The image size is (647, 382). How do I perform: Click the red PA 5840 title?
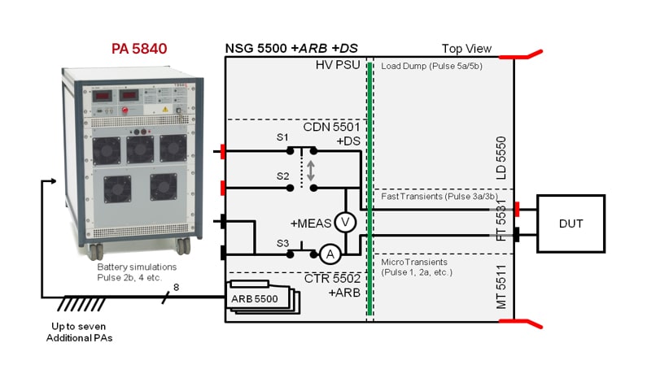pos(139,49)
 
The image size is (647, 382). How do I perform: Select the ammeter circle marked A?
pos(330,254)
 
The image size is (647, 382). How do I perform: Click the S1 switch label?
pos(282,137)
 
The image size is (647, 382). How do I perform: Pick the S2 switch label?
pos(282,176)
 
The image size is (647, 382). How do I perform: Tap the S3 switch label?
pos(282,242)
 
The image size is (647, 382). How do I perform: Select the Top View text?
pos(466,49)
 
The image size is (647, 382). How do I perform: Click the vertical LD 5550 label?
pos(501,158)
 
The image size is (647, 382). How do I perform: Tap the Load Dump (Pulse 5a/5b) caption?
pos(432,66)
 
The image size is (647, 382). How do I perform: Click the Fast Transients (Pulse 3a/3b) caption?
pos(433,197)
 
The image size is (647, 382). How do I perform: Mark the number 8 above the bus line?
pos(175,285)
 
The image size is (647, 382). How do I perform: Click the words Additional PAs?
pos(79,336)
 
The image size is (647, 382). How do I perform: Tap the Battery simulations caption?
pos(138,266)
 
